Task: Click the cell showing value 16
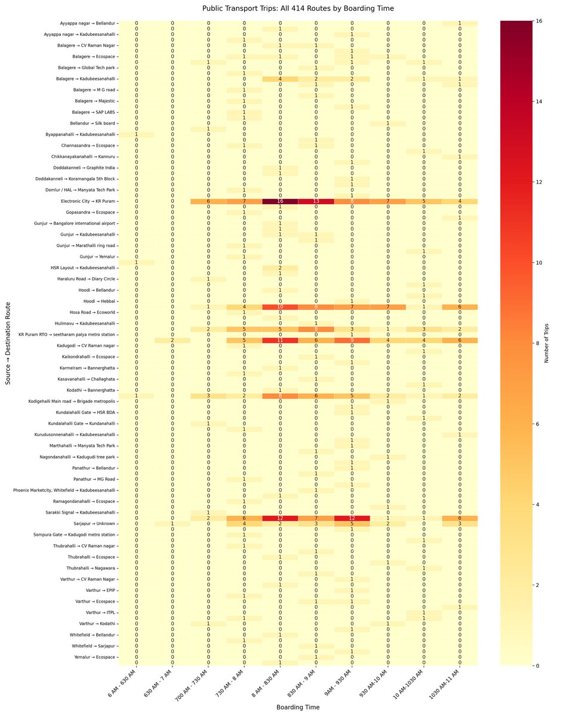tap(280, 201)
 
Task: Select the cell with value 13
tap(316, 201)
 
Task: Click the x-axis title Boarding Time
tap(298, 707)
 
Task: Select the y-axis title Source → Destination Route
tap(8, 343)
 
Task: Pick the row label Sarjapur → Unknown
tap(93, 523)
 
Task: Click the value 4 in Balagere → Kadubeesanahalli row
tap(280, 79)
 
